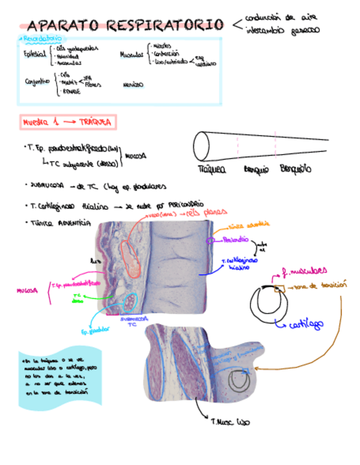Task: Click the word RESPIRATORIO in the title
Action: [x=165, y=25]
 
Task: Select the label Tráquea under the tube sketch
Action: [x=211, y=170]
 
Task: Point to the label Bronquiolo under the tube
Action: [x=296, y=169]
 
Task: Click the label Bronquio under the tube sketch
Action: [x=256, y=170]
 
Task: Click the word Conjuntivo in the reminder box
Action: [x=37, y=82]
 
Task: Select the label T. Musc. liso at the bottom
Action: [x=230, y=422]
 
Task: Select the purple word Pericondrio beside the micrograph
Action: [x=236, y=240]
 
